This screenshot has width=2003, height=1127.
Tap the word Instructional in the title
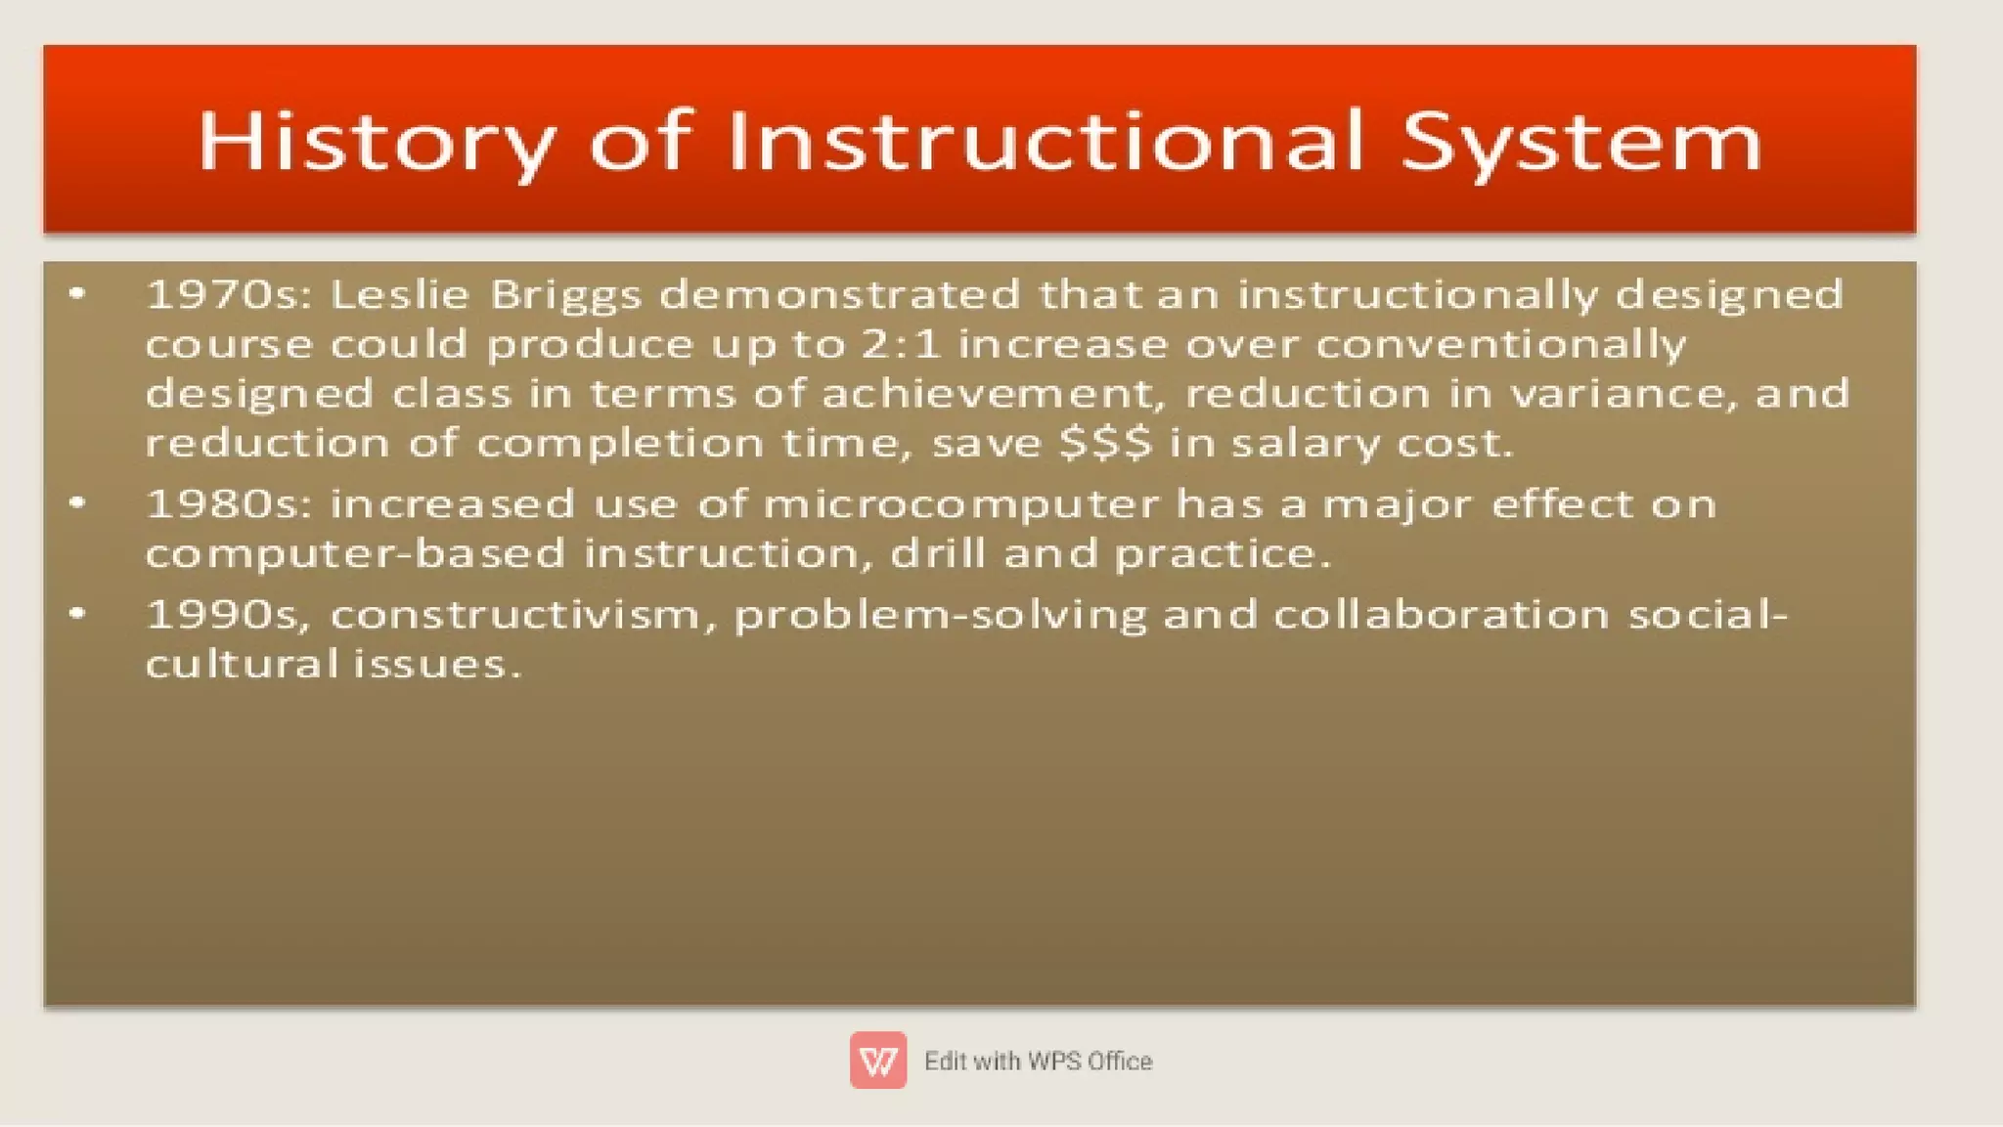pyautogui.click(x=1045, y=141)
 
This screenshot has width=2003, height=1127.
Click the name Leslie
pyautogui.click(x=400, y=294)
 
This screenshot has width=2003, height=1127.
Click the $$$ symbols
pyautogui.click(x=1106, y=444)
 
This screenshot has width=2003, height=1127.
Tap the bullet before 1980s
pyautogui.click(x=78, y=503)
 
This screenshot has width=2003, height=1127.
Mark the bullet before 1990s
pyautogui.click(x=78, y=614)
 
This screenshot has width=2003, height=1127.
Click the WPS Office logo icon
pyautogui.click(x=877, y=1060)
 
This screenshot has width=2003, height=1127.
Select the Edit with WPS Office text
pyautogui.click(x=1038, y=1061)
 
